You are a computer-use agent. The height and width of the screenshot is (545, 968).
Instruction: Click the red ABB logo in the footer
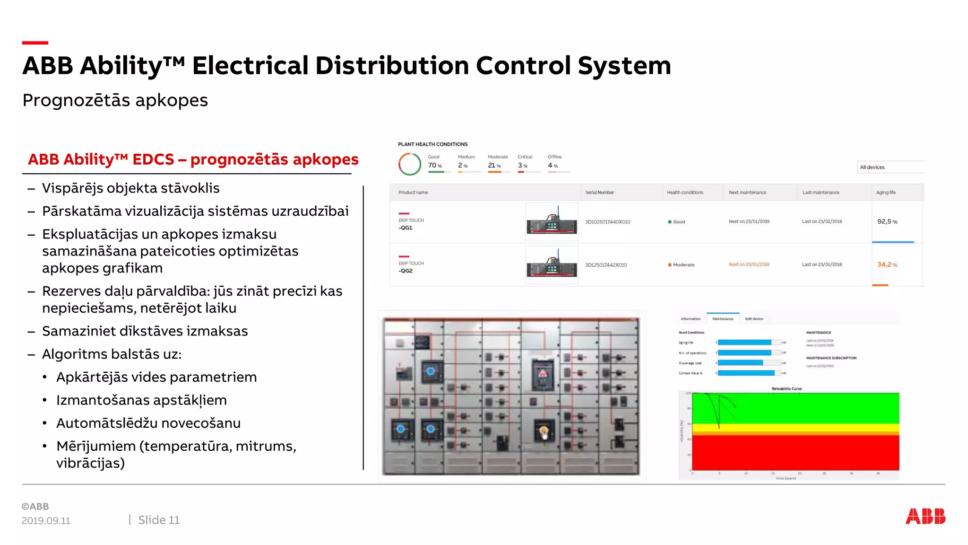tap(925, 516)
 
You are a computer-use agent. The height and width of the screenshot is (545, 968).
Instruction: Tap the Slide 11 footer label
tap(159, 520)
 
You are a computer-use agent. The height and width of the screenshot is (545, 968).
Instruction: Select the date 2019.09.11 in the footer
tap(46, 520)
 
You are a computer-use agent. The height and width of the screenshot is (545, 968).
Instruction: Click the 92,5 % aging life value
tap(887, 221)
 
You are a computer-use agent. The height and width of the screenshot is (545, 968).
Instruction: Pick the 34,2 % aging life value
tap(887, 264)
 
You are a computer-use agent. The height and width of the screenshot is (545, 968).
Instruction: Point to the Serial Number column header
tap(599, 193)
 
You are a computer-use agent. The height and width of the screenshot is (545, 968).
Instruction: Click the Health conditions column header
tap(685, 193)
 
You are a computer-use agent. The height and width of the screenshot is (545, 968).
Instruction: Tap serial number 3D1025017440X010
tap(607, 222)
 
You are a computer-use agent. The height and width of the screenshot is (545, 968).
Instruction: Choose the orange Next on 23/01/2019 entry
tap(749, 264)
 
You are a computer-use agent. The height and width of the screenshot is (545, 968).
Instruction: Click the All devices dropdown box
tap(890, 167)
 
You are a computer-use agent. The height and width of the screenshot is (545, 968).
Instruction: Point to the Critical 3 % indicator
tap(524, 162)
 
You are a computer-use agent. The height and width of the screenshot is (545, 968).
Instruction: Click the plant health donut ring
tap(409, 164)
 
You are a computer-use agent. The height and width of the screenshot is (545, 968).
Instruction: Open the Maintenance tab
tap(723, 319)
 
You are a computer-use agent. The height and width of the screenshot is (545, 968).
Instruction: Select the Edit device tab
tap(754, 319)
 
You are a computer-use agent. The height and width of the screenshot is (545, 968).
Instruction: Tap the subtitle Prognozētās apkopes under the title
tap(115, 100)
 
